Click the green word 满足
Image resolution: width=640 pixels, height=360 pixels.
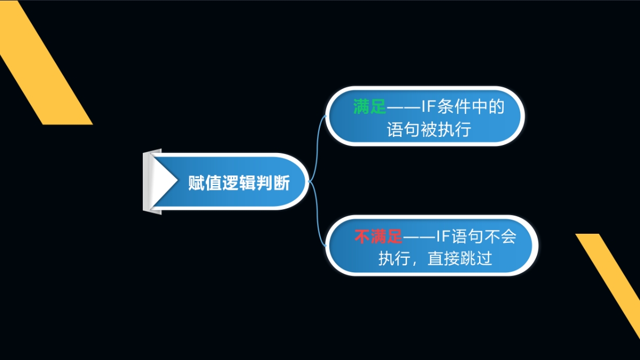[369, 107]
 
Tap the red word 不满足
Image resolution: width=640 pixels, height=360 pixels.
[379, 236]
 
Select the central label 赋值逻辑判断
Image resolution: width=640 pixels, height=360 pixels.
[239, 183]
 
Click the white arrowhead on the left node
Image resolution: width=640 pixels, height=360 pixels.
[164, 181]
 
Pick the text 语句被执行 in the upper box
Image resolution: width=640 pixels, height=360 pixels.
[429, 130]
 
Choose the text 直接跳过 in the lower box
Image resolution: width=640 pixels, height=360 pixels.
[460, 258]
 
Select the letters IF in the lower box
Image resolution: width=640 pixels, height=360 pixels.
[443, 236]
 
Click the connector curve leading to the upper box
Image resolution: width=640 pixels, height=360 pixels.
[317, 148]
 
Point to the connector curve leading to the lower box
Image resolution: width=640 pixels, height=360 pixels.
[318, 214]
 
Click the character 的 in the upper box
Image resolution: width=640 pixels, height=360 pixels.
[497, 107]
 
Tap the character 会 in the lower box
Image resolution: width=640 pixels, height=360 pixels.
[508, 236]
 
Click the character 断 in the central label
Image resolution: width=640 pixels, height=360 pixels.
[282, 183]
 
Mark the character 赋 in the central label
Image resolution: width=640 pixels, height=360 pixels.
[197, 183]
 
